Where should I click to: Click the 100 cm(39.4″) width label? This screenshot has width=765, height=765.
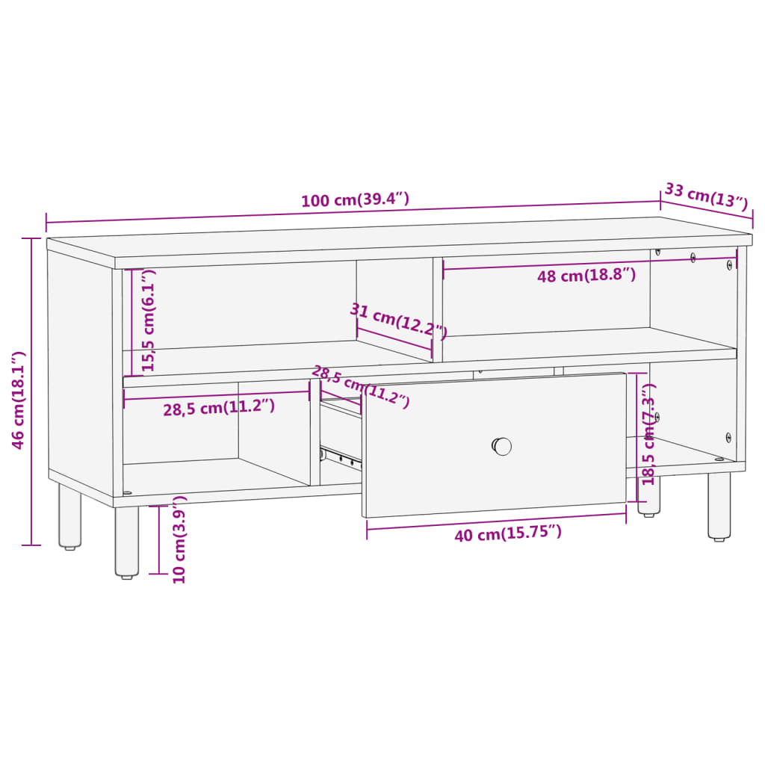tap(355, 200)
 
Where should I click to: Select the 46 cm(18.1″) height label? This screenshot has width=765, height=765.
tap(19, 400)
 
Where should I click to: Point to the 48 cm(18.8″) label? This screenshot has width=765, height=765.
tap(586, 276)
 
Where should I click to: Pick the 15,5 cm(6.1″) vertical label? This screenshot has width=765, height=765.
tap(149, 321)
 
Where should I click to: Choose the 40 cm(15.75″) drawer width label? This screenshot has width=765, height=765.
tap(508, 533)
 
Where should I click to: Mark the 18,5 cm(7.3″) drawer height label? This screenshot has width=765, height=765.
tap(648, 433)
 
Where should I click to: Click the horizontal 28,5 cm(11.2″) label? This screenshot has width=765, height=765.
tap(219, 408)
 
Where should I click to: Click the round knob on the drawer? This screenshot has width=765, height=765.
tap(502, 446)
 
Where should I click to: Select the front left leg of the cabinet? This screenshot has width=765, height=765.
tap(127, 542)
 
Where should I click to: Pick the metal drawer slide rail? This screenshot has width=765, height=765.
tap(340, 456)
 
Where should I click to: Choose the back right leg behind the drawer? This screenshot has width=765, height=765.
tap(648, 497)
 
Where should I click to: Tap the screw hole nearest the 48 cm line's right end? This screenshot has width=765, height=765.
tap(730, 264)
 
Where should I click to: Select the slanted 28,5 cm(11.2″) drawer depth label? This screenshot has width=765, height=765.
tap(360, 386)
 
